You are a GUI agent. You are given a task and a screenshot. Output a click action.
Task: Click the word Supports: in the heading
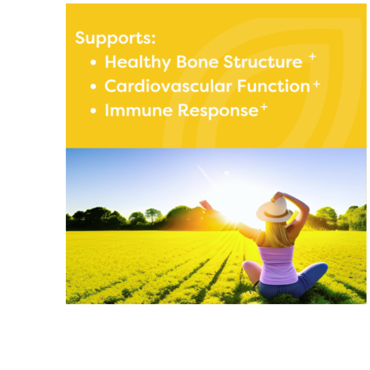115,38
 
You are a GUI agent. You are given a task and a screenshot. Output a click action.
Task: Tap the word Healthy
138,63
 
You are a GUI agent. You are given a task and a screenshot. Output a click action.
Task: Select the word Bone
197,62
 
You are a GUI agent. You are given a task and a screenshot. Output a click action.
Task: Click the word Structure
263,62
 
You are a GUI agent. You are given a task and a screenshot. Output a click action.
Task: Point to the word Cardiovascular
168,86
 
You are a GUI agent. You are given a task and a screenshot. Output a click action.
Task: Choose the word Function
273,86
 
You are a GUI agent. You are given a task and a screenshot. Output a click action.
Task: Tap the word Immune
139,110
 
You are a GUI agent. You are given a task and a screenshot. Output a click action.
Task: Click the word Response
218,111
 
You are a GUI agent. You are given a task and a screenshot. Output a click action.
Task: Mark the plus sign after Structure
312,56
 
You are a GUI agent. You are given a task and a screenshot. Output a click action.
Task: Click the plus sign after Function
317,84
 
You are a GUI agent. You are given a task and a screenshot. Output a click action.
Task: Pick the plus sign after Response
264,107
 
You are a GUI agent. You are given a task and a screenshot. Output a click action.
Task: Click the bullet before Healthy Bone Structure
94,62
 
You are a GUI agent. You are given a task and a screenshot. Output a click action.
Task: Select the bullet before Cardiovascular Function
94,86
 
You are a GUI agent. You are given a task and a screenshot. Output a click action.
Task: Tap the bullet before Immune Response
94,110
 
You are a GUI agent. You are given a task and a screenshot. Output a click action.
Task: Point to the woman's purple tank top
278,265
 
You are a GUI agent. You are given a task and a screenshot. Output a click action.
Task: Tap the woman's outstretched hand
205,204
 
